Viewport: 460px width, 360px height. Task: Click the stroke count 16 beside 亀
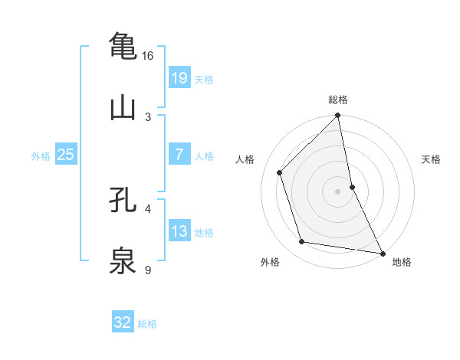point(148,56)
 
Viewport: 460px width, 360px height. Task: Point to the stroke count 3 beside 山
point(148,117)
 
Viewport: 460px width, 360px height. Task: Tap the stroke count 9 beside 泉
point(148,270)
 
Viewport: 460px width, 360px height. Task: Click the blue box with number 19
point(179,78)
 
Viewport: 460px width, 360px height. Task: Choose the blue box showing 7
point(179,155)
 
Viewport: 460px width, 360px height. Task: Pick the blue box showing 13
point(179,231)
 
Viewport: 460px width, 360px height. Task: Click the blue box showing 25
point(66,155)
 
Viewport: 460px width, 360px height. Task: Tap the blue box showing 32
point(123,322)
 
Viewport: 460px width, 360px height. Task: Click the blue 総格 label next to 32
point(147,324)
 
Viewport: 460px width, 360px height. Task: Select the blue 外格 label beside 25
point(41,156)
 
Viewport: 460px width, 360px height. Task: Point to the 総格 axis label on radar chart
point(338,100)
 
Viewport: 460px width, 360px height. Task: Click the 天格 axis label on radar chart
point(432,159)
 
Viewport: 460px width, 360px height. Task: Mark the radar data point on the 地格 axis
point(382,253)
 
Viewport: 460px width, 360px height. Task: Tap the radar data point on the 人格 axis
point(280,172)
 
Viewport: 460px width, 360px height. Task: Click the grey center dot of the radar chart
point(338,191)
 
